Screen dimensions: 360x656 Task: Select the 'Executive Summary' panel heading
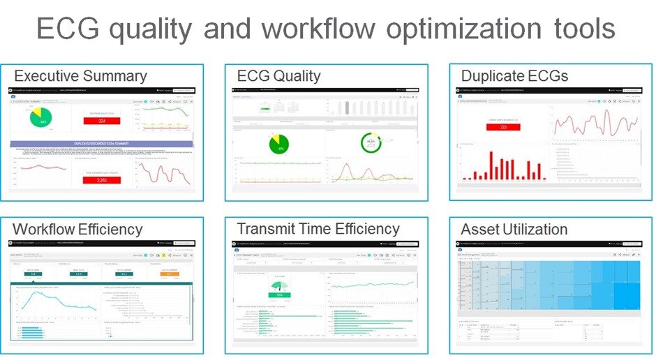click(80, 76)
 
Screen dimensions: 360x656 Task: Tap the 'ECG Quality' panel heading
click(278, 76)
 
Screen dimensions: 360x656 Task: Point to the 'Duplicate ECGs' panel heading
click(514, 76)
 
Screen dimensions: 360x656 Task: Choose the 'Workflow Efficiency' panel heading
click(77, 229)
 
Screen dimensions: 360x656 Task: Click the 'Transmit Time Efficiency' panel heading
click(318, 229)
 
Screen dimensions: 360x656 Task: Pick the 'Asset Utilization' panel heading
click(514, 229)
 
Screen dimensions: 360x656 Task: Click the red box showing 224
click(102, 121)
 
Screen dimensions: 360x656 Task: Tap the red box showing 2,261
click(101, 179)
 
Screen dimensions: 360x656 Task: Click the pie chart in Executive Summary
click(43, 119)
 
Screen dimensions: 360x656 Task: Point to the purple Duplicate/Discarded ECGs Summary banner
click(102, 144)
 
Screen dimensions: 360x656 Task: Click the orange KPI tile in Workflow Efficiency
click(171, 273)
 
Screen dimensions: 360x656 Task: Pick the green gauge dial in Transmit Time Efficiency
click(279, 287)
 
